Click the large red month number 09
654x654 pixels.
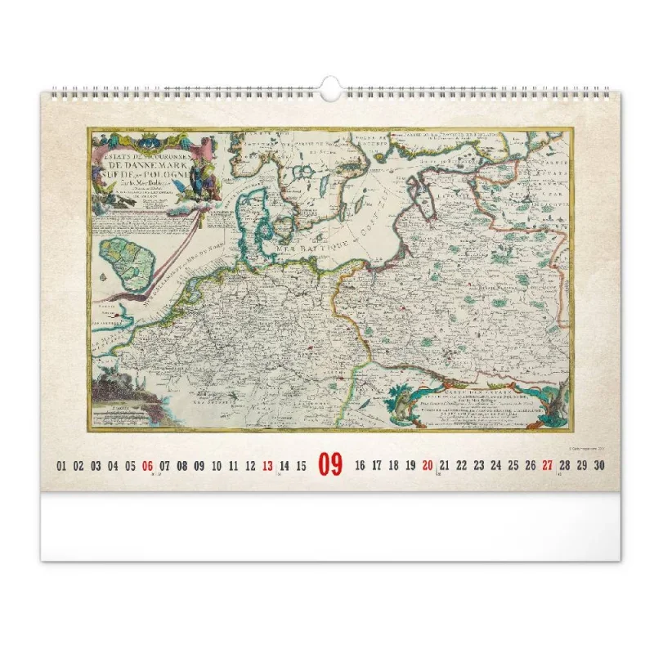coord(330,465)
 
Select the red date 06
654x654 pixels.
coord(147,466)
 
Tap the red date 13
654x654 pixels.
coord(267,466)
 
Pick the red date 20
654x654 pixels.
coord(428,466)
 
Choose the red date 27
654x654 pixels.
coord(547,466)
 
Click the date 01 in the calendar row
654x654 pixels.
coord(61,466)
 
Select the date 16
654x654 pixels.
coord(360,466)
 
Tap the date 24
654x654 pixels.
coord(495,466)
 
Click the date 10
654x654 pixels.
coord(216,466)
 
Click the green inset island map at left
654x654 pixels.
coord(127,262)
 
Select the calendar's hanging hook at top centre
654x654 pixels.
coord(330,88)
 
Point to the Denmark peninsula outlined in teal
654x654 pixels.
coord(253,221)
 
